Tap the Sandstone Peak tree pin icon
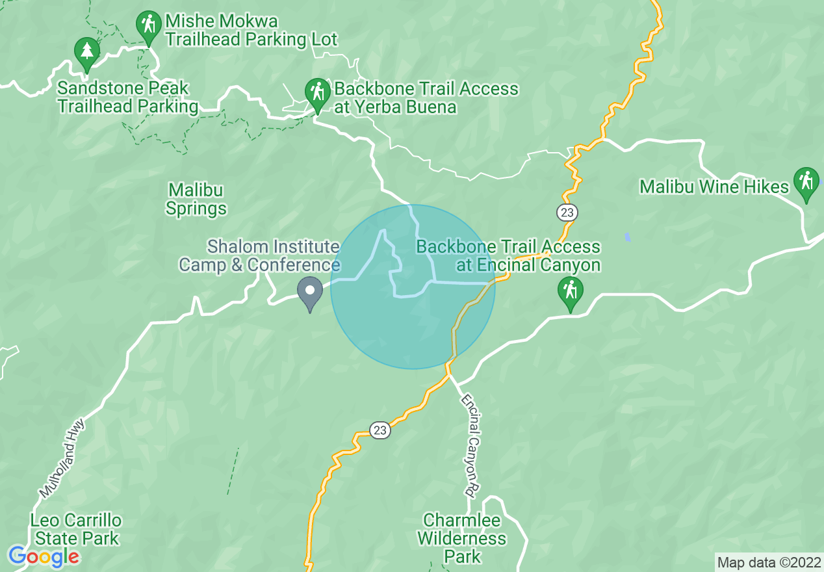pos(86,51)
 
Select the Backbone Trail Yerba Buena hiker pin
pos(317,92)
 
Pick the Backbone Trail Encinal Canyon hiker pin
pos(570,291)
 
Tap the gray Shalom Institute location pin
pos(310,291)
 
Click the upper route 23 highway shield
pos(567,213)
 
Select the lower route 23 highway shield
pos(380,430)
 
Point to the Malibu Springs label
pos(196,200)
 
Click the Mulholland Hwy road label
pos(58,456)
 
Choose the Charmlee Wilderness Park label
pos(462,538)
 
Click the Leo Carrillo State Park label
pos(77,529)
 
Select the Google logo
pos(44,556)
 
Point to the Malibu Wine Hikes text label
pos(714,187)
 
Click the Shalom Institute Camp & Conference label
pos(260,255)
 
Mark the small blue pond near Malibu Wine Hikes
pos(627,237)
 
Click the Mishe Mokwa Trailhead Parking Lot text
pos(251,31)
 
